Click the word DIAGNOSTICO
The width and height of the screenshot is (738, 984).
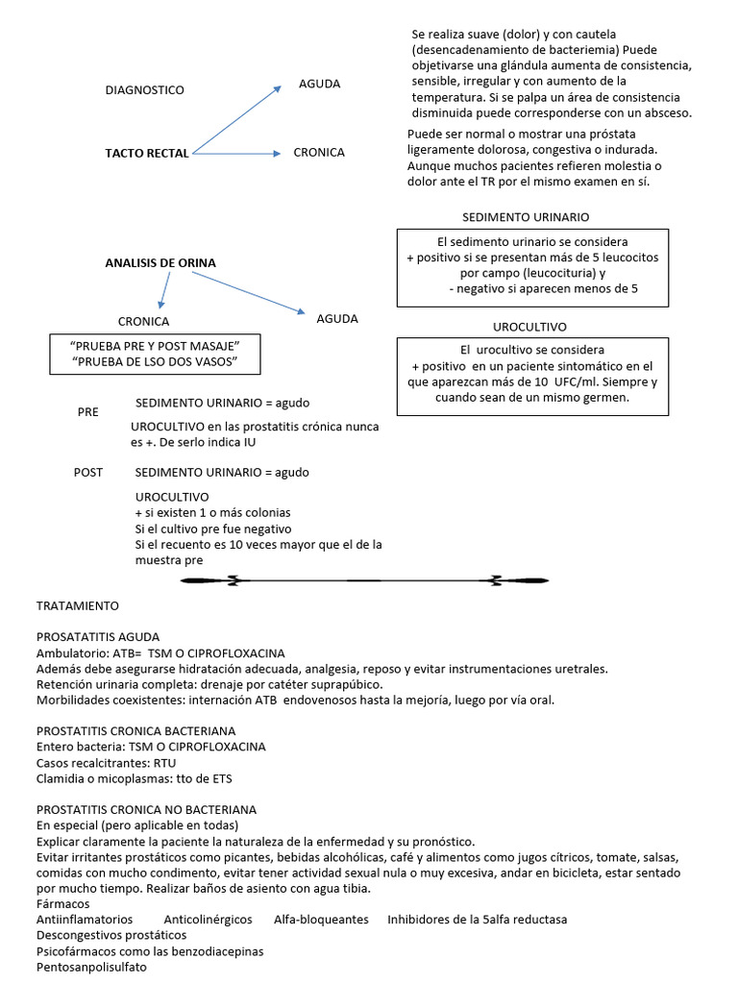tap(144, 90)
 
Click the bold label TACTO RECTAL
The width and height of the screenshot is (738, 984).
tap(147, 153)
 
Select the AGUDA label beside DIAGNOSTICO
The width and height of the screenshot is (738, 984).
tap(319, 84)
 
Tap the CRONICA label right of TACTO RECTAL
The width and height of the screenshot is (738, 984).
tap(319, 152)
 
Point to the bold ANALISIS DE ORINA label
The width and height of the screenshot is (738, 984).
tap(160, 262)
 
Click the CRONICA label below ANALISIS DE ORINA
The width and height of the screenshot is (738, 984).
tap(143, 322)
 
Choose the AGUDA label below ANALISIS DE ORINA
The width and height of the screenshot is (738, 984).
tap(337, 318)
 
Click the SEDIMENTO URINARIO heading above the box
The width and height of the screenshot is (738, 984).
tap(526, 217)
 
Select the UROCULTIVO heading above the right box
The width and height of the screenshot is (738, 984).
tap(529, 327)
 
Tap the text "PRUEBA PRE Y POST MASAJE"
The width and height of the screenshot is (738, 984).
tap(154, 345)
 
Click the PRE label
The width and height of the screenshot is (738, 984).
tap(88, 411)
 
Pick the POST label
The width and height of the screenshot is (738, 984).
tap(88, 472)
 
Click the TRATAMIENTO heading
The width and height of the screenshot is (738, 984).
tap(78, 606)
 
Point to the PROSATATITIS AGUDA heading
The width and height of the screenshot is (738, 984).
tap(98, 637)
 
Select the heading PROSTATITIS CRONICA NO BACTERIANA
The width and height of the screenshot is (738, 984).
tap(146, 810)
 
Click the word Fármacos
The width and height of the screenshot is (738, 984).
tap(62, 904)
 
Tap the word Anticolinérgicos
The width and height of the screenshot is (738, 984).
tap(208, 920)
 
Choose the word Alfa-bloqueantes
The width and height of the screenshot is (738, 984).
tap(321, 920)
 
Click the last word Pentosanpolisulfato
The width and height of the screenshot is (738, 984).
tap(91, 967)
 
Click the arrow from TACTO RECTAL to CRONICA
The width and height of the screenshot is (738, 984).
tap(235, 153)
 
